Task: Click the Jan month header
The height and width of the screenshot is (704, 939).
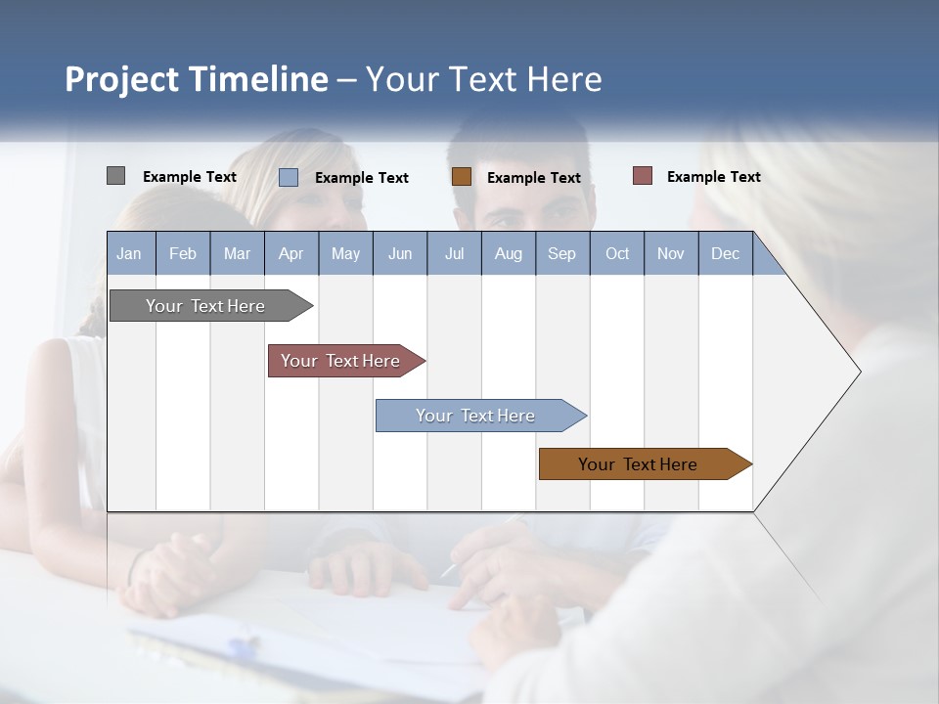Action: click(129, 254)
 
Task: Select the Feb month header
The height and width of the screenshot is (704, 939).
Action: click(183, 254)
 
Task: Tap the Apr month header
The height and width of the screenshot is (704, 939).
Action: click(291, 254)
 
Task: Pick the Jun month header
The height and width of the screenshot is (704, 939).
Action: click(400, 254)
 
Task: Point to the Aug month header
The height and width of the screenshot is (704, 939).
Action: click(509, 254)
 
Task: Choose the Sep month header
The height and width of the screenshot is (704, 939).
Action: click(561, 254)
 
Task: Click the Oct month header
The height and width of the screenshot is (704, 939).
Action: click(617, 254)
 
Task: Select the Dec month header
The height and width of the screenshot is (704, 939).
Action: click(725, 254)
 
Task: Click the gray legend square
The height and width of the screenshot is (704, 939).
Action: click(115, 176)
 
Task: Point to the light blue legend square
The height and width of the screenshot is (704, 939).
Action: click(289, 177)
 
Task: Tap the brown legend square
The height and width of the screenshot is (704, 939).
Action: click(462, 176)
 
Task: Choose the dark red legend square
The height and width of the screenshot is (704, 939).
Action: click(643, 176)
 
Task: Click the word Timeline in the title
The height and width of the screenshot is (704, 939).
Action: click(257, 79)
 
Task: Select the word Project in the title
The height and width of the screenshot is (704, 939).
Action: click(121, 79)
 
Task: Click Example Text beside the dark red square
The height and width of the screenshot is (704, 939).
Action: click(713, 177)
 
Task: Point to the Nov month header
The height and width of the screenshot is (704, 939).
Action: click(671, 254)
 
